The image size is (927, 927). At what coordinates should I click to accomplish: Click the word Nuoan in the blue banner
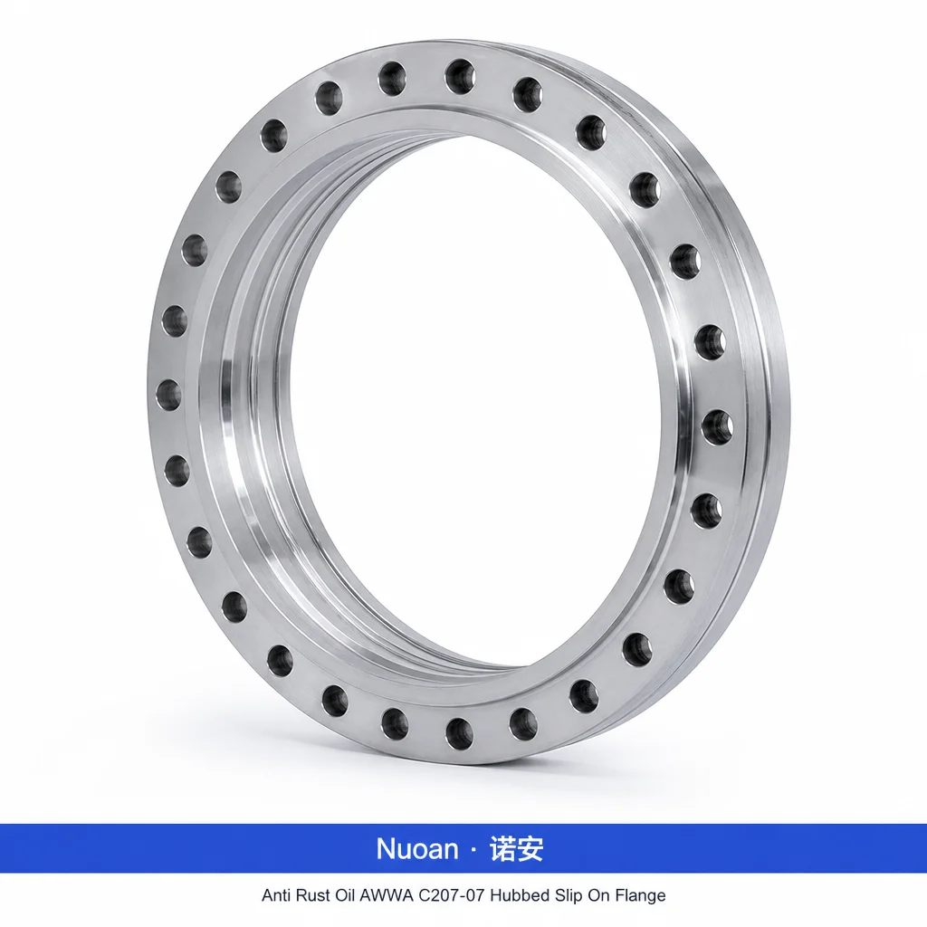pos(417,849)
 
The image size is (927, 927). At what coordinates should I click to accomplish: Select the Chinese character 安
pos(530,849)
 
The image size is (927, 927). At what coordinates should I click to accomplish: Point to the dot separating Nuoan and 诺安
pos(473,850)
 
